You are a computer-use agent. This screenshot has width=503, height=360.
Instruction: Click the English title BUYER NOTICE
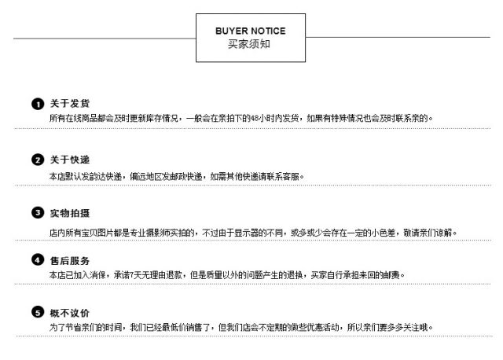[x=250, y=31]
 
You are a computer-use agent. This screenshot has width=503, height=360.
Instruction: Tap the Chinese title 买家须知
[x=250, y=45]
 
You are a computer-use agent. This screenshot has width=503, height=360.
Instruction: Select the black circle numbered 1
[x=37, y=104]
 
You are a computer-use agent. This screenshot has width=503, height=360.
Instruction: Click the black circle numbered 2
[x=37, y=160]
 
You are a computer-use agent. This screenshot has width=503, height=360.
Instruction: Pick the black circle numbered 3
[x=37, y=213]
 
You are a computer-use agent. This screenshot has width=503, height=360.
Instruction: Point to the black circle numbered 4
[x=37, y=260]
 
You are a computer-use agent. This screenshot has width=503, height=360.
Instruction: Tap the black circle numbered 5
[x=37, y=312]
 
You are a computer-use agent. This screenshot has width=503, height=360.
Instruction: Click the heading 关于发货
[x=70, y=104]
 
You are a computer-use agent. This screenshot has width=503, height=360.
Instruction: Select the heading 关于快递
[x=70, y=160]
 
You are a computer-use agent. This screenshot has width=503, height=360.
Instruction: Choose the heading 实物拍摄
[x=70, y=213]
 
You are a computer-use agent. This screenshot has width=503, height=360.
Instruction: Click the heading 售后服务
[x=70, y=260]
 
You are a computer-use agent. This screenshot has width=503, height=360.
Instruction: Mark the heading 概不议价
[x=70, y=313]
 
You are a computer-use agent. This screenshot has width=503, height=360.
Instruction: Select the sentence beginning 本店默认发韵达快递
[x=176, y=175]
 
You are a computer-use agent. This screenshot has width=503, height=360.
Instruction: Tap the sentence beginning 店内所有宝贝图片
[x=251, y=233]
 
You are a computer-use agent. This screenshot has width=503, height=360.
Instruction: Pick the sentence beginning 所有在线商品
[x=240, y=118]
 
